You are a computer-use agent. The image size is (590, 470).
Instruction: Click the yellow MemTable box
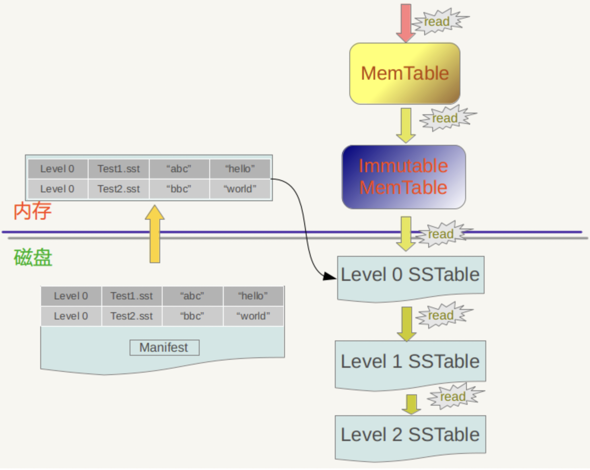(404, 74)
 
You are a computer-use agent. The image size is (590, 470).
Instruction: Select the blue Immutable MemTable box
(404, 177)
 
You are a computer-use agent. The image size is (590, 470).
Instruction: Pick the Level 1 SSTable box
(410, 362)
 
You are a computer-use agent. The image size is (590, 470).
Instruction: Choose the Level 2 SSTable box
(410, 436)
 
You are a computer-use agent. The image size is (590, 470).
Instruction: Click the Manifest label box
(164, 348)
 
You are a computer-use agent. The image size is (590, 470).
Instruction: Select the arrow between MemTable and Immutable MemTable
(406, 125)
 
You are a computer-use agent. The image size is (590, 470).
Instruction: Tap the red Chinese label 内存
(33, 211)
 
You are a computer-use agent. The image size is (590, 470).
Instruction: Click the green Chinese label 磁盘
(33, 258)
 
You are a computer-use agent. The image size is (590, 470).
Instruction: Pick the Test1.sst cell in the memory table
(119, 169)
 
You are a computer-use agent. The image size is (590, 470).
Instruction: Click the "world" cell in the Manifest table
(253, 316)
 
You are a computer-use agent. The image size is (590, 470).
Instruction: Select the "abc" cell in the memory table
(179, 169)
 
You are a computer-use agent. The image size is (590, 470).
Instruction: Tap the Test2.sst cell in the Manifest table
(132, 316)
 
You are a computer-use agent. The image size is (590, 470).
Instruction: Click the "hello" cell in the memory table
(240, 169)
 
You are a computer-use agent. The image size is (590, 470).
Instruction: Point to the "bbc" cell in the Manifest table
(192, 316)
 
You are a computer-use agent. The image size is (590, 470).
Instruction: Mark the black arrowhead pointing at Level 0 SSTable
(330, 276)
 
